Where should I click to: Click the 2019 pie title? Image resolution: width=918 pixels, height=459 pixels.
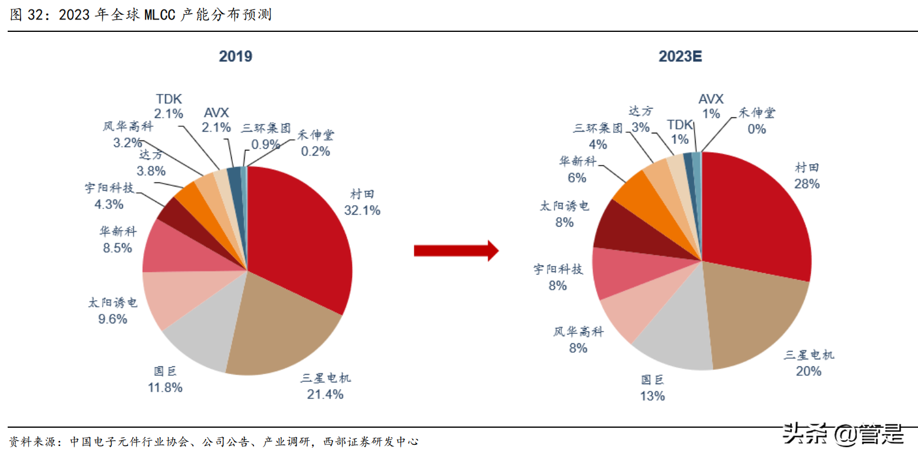click(235, 57)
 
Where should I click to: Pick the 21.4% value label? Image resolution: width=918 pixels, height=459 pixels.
click(325, 395)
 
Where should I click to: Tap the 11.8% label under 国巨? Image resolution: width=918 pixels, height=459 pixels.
click(164, 388)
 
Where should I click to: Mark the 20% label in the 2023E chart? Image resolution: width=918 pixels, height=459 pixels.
click(808, 371)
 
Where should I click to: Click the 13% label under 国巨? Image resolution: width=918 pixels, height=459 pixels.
click(653, 396)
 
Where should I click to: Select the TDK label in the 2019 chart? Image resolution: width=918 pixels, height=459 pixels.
click(169, 98)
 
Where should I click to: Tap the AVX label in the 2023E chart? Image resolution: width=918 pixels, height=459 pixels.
click(710, 99)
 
